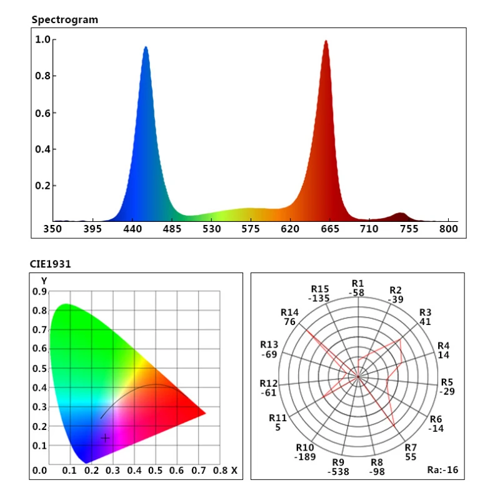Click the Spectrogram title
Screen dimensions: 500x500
click(x=65, y=20)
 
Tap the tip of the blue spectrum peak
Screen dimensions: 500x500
click(x=146, y=47)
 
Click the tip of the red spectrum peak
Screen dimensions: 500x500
click(x=326, y=42)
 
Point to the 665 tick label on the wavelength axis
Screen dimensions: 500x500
click(x=330, y=229)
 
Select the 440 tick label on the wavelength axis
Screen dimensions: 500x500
click(x=132, y=229)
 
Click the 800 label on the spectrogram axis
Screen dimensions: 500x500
click(x=449, y=229)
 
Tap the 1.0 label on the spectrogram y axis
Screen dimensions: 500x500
click(x=42, y=39)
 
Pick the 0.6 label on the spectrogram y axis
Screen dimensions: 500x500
click(x=42, y=112)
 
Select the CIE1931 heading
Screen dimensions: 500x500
click(x=51, y=264)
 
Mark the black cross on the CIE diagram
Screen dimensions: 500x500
click(x=105, y=437)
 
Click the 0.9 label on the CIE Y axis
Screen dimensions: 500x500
click(x=40, y=291)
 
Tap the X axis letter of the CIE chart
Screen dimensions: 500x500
click(x=234, y=470)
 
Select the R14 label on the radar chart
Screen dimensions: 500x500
click(x=289, y=312)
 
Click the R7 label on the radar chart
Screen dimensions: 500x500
click(x=411, y=447)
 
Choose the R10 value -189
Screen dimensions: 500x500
click(x=305, y=457)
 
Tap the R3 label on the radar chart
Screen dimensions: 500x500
click(x=426, y=312)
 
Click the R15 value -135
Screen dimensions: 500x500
click(x=320, y=298)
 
